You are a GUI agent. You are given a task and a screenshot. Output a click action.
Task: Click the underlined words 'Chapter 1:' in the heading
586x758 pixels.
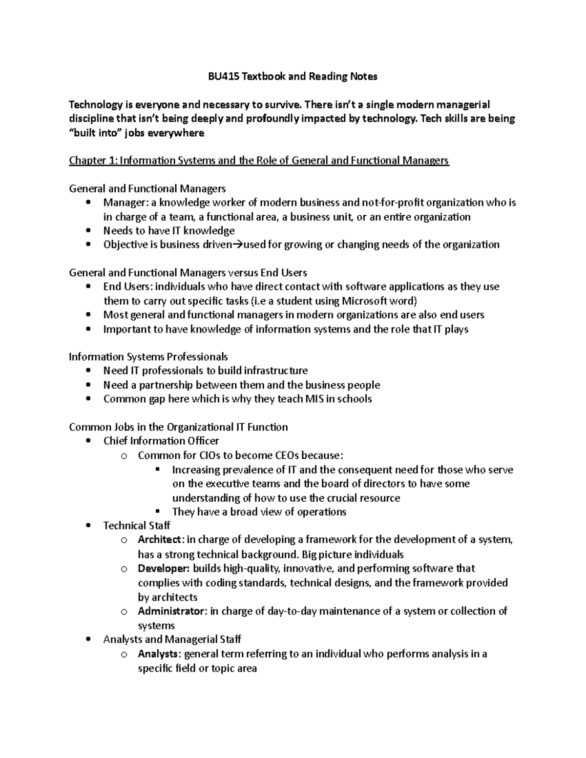92,161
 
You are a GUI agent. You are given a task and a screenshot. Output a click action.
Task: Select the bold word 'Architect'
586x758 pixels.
160,540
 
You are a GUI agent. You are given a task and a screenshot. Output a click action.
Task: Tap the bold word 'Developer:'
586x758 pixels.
164,569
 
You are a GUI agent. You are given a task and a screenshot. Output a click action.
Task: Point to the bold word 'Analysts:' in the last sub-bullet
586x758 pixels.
159,654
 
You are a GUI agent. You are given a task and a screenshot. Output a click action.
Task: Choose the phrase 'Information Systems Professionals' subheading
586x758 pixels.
148,357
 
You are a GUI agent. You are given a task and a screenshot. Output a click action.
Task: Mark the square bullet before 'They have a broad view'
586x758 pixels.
157,512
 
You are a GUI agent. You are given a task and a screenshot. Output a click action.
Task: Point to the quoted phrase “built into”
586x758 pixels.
95,133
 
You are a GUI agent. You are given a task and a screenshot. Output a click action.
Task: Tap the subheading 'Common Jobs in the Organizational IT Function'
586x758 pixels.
178,428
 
